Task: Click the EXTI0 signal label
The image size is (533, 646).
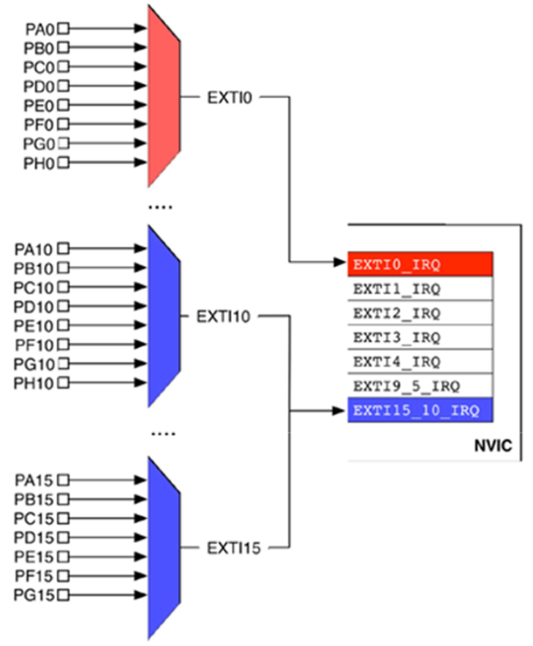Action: pyautogui.click(x=230, y=97)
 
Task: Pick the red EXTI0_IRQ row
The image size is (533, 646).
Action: pyautogui.click(x=420, y=264)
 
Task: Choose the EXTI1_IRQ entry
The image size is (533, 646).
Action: pyautogui.click(x=420, y=288)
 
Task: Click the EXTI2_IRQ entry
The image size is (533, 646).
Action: pyautogui.click(x=420, y=313)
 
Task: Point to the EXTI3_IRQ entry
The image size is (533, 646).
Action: pyautogui.click(x=420, y=337)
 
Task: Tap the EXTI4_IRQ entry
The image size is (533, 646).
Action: pyautogui.click(x=420, y=361)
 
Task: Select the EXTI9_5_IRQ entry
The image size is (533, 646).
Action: pyautogui.click(x=420, y=386)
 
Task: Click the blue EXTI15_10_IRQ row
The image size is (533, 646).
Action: pyautogui.click(x=420, y=410)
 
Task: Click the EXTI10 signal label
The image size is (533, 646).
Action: pyautogui.click(x=223, y=317)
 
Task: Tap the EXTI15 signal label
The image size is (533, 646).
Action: pyautogui.click(x=233, y=547)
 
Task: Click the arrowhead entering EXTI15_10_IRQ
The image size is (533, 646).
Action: pyautogui.click(x=341, y=410)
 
